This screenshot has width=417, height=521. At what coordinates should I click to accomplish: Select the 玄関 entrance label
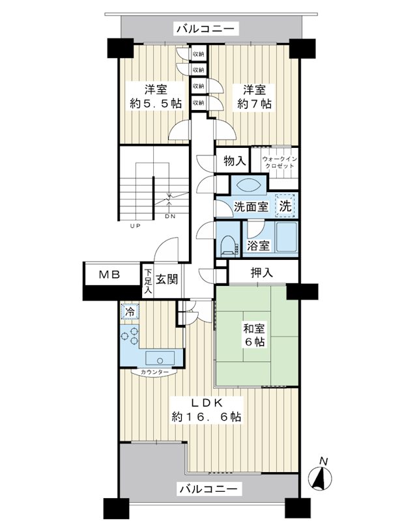(167, 280)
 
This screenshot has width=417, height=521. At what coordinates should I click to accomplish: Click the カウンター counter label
(154, 372)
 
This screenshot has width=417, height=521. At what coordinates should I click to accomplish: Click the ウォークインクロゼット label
(280, 162)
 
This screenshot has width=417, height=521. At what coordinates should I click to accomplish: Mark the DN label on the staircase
(169, 216)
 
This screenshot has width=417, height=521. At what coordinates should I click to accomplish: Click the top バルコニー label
(207, 29)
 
